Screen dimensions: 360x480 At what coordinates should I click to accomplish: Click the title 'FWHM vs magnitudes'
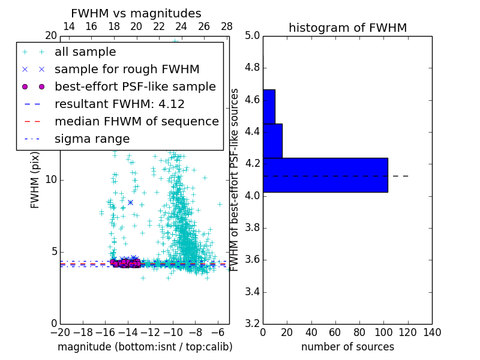[x=136, y=13]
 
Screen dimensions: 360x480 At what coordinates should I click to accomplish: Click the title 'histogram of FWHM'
[x=347, y=28]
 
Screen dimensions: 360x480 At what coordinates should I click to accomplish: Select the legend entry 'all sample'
[x=85, y=52]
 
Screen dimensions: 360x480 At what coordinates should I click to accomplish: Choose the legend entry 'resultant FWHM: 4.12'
[x=119, y=104]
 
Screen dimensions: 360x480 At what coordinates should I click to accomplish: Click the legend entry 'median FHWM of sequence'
[x=136, y=121]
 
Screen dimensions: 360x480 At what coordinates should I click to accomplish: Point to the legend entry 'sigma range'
[x=92, y=139]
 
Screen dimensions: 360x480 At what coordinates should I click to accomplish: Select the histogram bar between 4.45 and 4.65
[x=269, y=107]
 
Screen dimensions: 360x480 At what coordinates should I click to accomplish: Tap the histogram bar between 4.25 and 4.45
[x=272, y=141]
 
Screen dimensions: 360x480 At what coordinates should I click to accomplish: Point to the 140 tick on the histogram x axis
[x=432, y=332]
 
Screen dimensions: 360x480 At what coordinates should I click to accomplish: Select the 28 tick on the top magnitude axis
[x=227, y=26]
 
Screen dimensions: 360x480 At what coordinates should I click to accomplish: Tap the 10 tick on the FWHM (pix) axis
[x=50, y=179]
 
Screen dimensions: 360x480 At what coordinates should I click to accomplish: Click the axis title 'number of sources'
[x=347, y=347]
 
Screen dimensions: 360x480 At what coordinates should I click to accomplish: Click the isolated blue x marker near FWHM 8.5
[x=130, y=202]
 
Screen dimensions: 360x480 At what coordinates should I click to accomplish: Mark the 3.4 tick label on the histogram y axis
[x=252, y=292]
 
